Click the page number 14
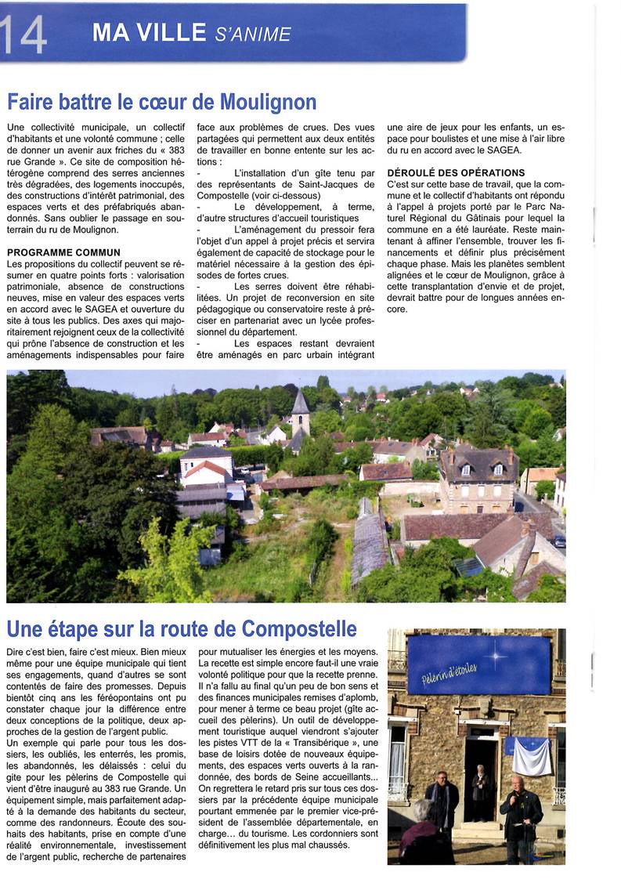(x=23, y=33)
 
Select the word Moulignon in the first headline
(x=268, y=103)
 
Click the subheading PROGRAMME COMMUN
(x=63, y=253)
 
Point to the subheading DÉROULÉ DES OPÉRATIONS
(x=456, y=172)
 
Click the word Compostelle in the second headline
(x=299, y=629)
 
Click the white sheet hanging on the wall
(x=532, y=756)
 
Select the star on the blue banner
(x=493, y=654)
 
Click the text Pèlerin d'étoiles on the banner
(x=450, y=671)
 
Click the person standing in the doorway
(x=480, y=791)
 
